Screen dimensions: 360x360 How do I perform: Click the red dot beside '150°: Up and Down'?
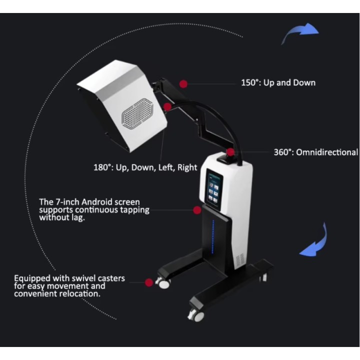tap(183, 84)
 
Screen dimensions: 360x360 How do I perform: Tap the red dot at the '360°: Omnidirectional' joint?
tap(230, 152)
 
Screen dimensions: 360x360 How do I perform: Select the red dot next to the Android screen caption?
tap(197, 210)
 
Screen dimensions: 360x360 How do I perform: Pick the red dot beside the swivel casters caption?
tap(149, 282)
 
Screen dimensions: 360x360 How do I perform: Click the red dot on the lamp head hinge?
tap(167, 107)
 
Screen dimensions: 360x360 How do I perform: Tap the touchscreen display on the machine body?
tap(214, 189)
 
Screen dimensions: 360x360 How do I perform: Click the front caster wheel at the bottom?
tap(196, 315)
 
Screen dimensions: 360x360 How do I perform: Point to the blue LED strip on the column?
tap(213, 237)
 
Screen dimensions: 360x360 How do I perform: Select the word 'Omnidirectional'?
tap(327, 152)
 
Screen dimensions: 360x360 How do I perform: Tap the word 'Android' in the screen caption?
tap(96, 202)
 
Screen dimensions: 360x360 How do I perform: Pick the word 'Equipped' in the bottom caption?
tap(32, 278)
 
